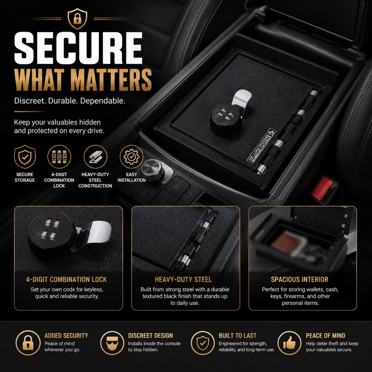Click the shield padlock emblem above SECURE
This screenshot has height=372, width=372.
[77, 19]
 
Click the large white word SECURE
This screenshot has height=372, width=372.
[78, 48]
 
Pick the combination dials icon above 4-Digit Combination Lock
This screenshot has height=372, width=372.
[59, 157]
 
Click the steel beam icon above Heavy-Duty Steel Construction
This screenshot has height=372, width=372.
[95, 157]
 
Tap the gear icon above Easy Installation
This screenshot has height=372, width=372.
[131, 157]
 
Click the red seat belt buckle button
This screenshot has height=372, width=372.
[323, 188]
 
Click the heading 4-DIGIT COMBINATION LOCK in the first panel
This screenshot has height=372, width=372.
[66, 279]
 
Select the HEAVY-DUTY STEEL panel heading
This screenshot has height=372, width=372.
[183, 279]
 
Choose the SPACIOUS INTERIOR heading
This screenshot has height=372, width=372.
[300, 279]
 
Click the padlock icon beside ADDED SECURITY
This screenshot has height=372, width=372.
[28, 343]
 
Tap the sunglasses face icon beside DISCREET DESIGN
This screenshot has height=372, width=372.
[112, 343]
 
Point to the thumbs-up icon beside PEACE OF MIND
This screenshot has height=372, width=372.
[289, 343]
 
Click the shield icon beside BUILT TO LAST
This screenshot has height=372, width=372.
[203, 343]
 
